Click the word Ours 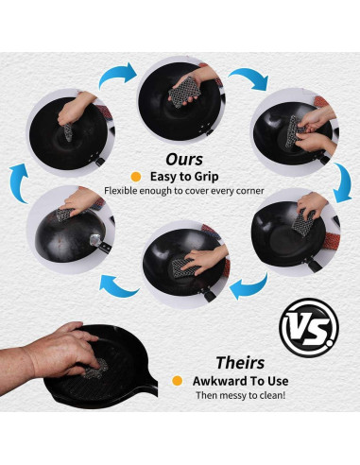click(184, 160)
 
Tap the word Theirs click(240, 363)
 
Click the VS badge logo click(309, 328)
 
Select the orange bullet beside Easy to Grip click(136, 177)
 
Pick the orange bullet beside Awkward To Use click(178, 381)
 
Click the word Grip click(206, 177)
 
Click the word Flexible click(121, 191)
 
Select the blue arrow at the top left click(117, 75)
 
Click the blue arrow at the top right click(249, 78)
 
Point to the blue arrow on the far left click(19, 182)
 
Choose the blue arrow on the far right click(343, 182)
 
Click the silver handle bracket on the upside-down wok click(94, 240)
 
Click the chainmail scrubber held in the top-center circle click(184, 93)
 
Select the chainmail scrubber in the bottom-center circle click(185, 267)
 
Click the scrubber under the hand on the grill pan click(96, 370)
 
